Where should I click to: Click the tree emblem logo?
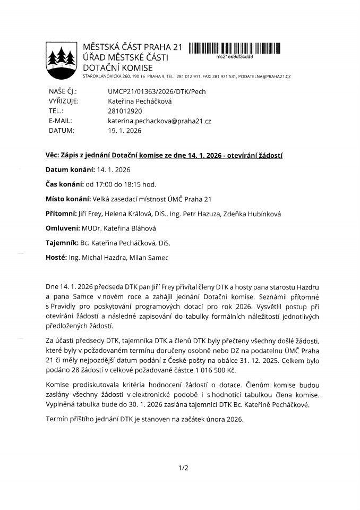click(x=60, y=58)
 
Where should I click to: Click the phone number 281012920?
click(x=125, y=111)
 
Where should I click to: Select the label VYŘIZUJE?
click(x=64, y=101)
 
